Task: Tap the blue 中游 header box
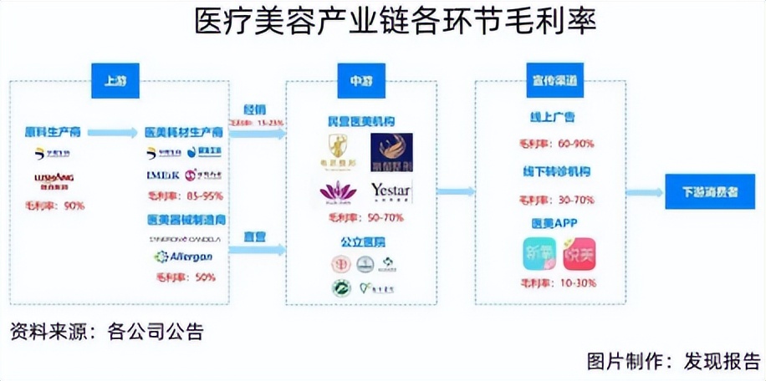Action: click(x=360, y=81)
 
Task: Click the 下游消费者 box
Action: click(x=708, y=191)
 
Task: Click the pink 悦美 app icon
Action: click(x=578, y=254)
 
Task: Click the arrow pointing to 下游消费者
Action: click(x=643, y=192)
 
